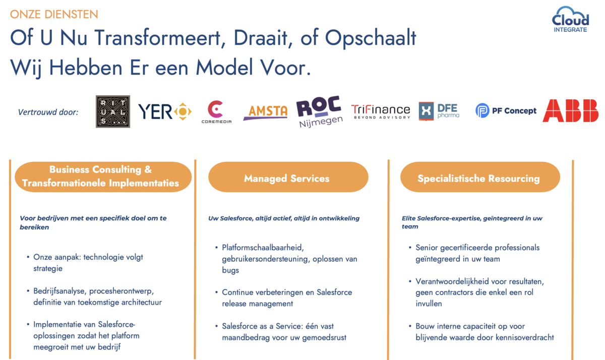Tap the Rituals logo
point(113,111)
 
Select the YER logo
point(165,111)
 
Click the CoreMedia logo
point(216,112)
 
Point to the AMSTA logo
point(265,112)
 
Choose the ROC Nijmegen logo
point(319,111)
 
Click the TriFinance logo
point(381,111)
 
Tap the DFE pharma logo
point(439,111)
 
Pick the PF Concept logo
point(506,110)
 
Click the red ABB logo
point(570,110)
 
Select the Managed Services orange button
point(288,177)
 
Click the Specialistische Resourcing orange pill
point(480,177)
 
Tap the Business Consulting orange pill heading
point(103,176)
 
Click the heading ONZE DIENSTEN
point(54,14)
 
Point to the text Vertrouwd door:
point(48,112)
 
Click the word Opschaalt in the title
point(370,38)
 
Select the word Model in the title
point(224,68)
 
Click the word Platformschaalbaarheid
point(263,248)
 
